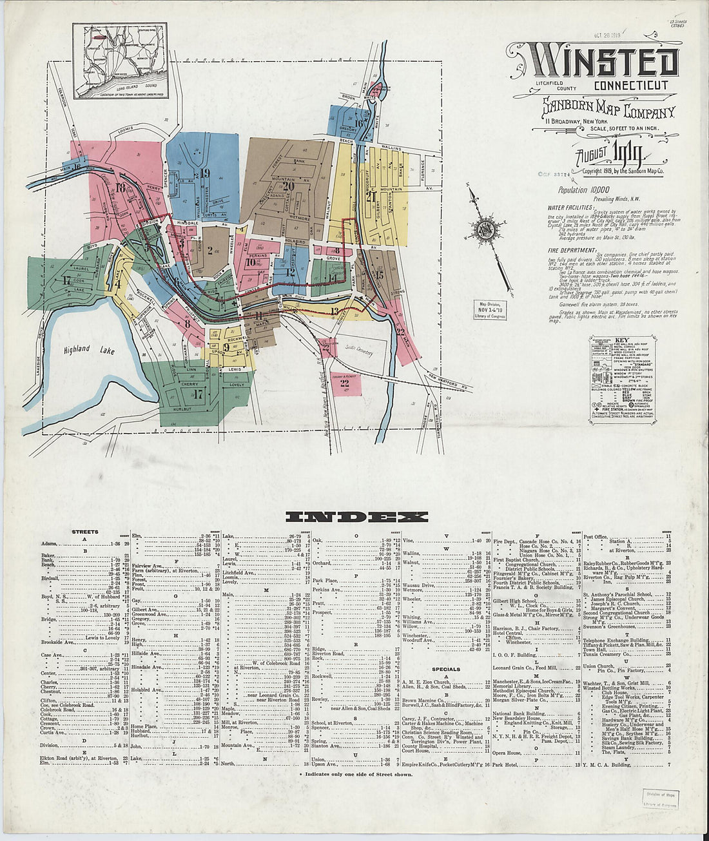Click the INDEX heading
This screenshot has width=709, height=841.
pos(356,517)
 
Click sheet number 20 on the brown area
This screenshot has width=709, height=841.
pos(288,187)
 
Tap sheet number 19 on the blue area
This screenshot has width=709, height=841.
pos(205,173)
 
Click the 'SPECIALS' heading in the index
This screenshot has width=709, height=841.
pos(446,669)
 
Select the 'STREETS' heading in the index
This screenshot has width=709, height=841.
pos(85,532)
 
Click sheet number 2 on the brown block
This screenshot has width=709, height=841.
pos(209,250)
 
